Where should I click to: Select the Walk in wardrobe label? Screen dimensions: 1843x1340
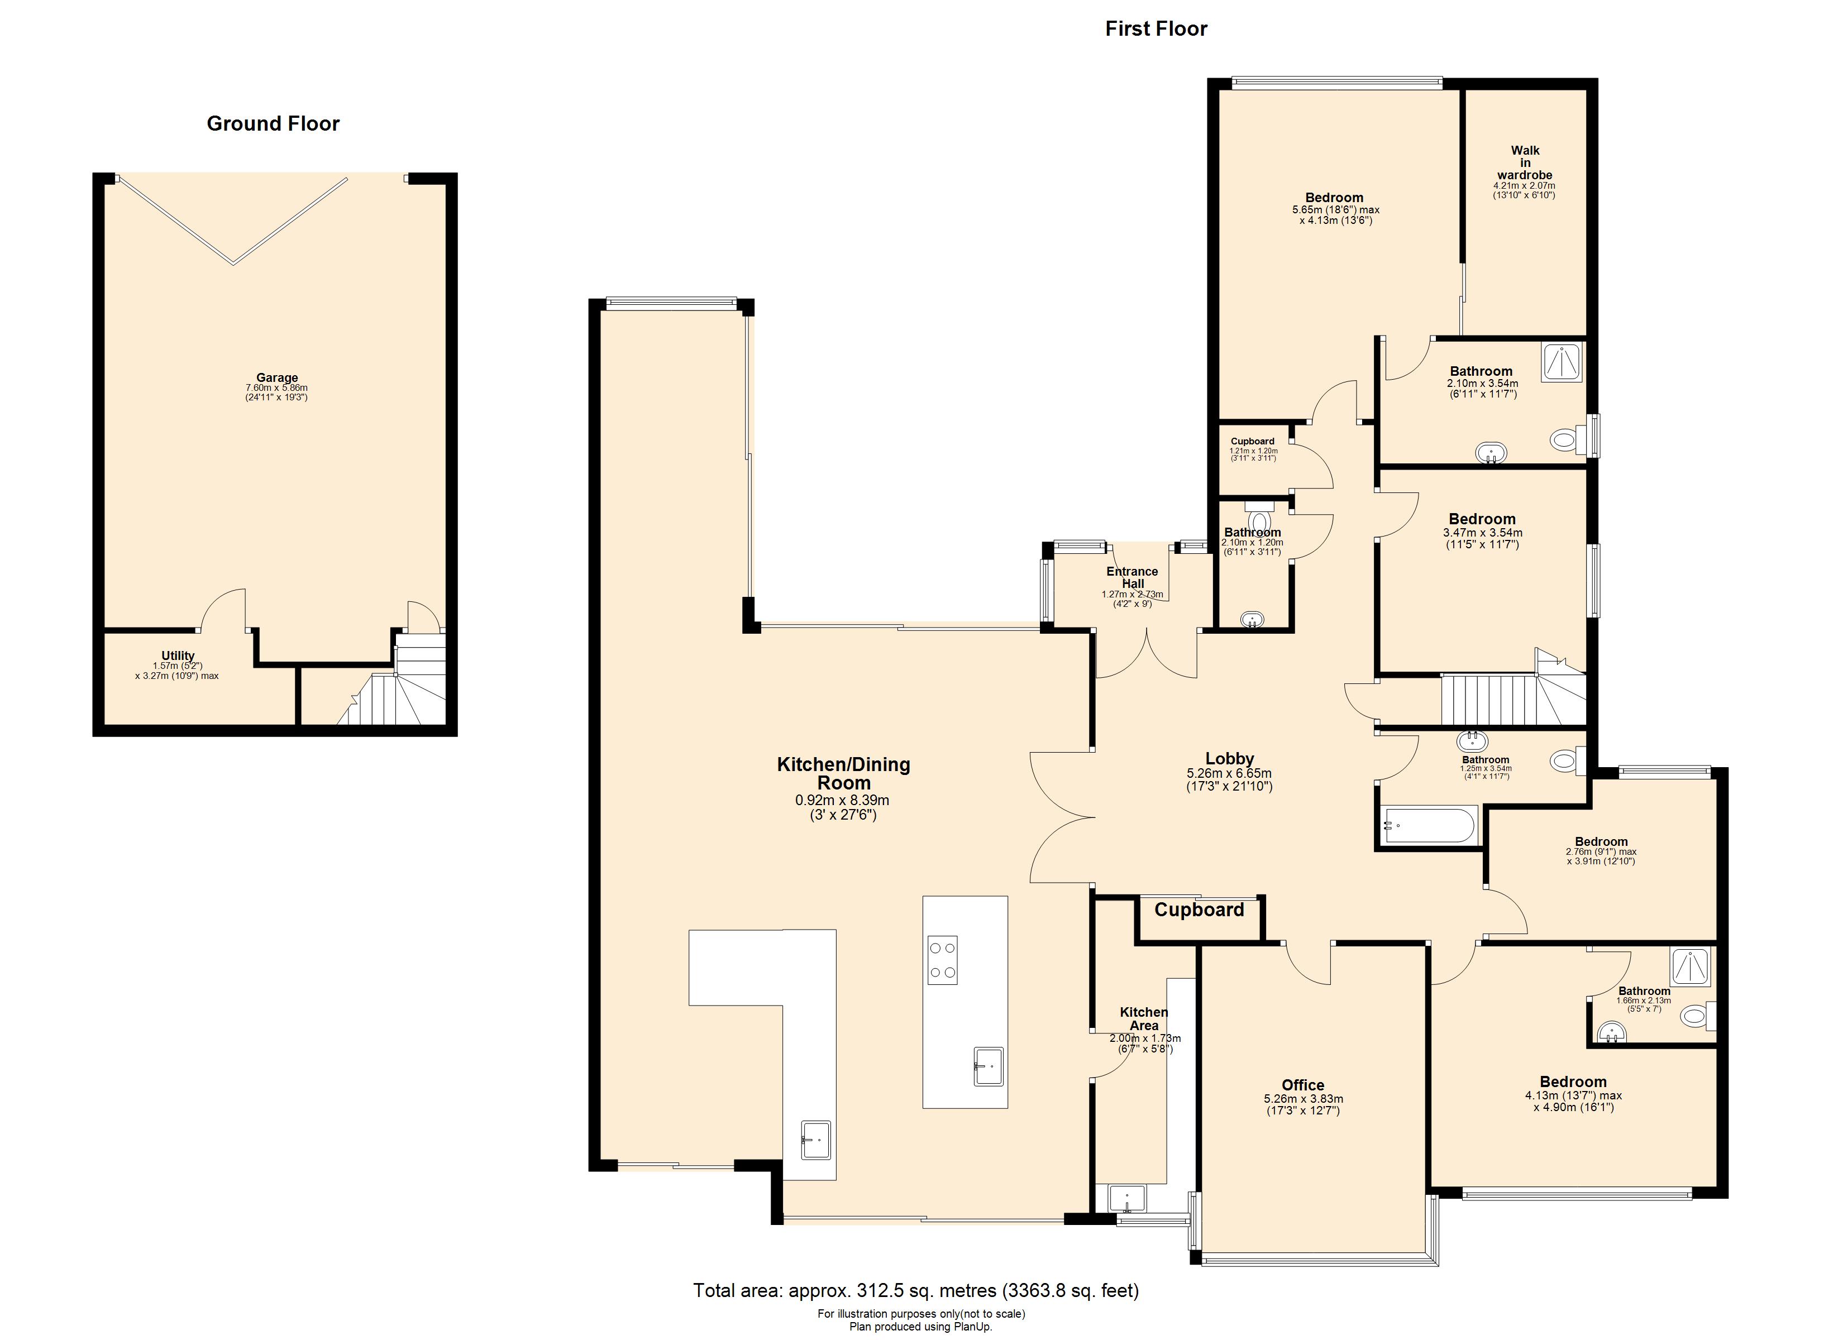1525,162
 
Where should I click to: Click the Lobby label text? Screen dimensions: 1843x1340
1229,759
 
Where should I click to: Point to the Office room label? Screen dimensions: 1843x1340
1302,1085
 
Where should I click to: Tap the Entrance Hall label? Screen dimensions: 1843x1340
1133,577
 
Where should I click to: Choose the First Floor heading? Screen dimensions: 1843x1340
1157,28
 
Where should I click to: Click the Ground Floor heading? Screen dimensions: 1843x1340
273,123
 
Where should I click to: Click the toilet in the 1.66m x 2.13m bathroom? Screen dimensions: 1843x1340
1699,1015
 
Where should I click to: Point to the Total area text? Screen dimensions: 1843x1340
916,1290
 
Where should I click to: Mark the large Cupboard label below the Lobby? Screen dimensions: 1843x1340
1200,910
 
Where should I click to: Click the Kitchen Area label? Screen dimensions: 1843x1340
1144,1019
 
